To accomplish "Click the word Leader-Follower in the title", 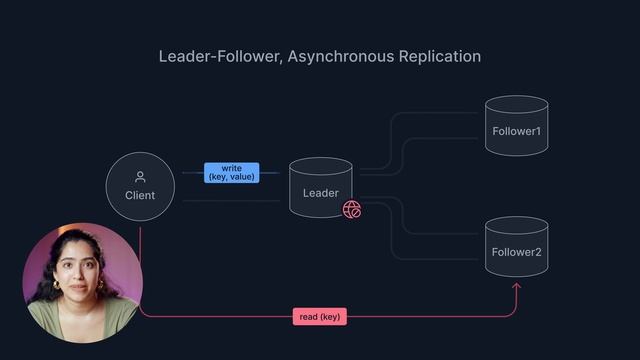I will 217,56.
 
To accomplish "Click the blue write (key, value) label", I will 231,172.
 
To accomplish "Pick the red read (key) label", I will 320,317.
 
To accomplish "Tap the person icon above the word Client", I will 140,177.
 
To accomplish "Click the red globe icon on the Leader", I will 352,209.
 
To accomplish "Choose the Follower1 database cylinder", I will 516,126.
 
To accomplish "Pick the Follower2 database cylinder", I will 516,247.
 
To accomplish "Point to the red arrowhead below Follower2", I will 517,288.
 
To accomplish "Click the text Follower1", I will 516,132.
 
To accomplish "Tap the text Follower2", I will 516,252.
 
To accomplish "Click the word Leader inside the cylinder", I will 321,193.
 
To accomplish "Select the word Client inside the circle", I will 140,195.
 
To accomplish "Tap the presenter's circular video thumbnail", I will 83,282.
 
